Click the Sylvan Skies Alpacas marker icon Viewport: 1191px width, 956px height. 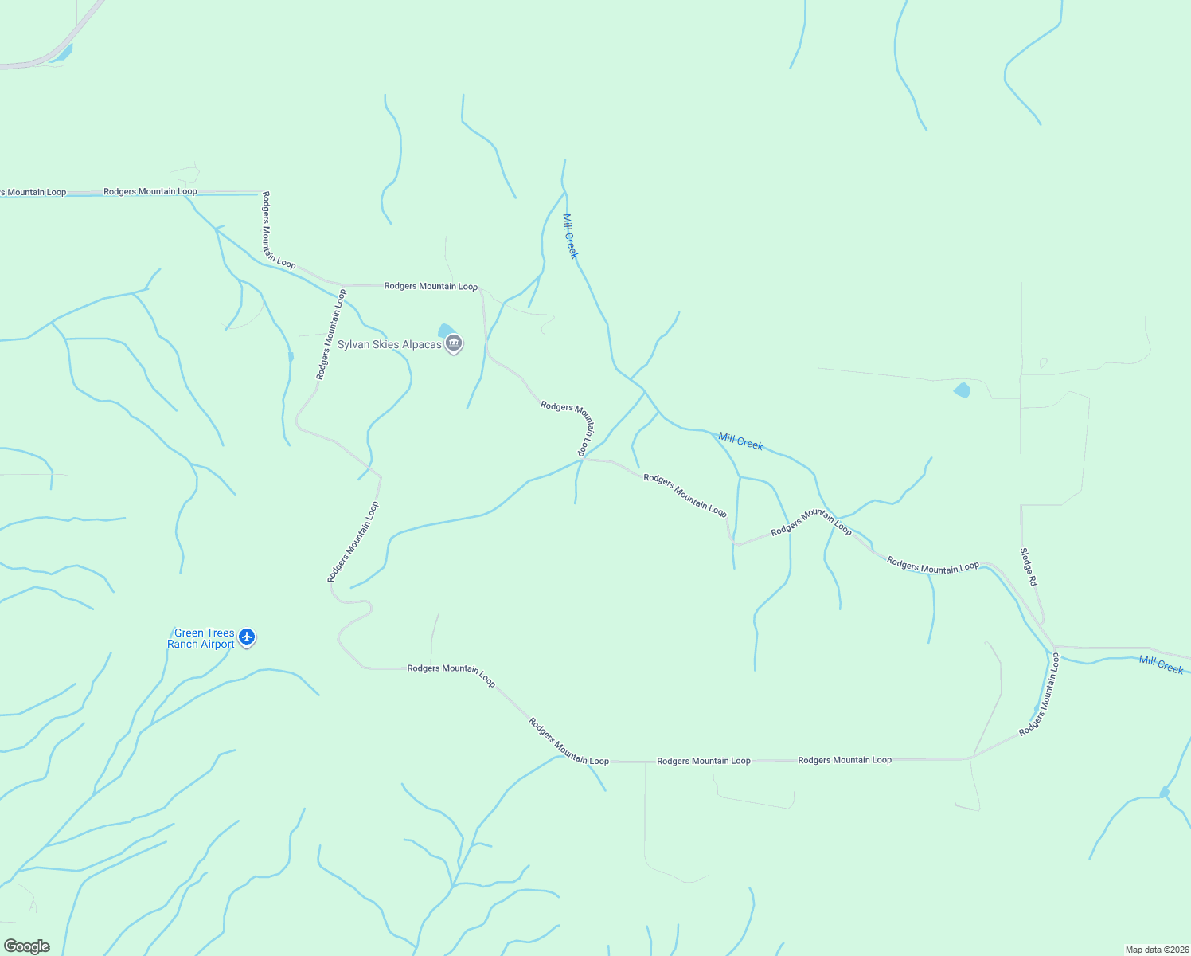tap(454, 344)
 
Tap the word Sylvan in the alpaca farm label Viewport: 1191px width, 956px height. tap(354, 344)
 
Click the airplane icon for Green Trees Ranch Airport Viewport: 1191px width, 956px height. tap(247, 637)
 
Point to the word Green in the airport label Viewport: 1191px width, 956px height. tap(189, 633)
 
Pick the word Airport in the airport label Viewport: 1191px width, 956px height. tap(217, 644)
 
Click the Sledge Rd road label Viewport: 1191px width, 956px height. tap(1029, 567)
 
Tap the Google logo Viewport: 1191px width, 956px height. tap(26, 946)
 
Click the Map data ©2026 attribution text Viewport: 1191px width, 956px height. tap(1156, 949)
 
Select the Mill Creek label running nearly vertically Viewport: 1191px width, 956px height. tap(570, 236)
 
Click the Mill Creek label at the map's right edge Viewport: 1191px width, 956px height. tap(1161, 664)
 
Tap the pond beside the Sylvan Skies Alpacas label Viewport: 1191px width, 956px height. tap(445, 330)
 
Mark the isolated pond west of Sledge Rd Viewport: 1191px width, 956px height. tap(962, 390)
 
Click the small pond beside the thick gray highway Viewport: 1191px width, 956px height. tap(63, 53)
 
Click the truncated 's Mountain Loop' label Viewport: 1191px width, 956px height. tap(33, 192)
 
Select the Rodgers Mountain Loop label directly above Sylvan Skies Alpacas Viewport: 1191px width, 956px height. tap(431, 286)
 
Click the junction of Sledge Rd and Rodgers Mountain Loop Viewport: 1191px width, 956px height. tap(1052, 645)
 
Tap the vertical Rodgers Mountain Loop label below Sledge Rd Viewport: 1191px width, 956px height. tap(1040, 694)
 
